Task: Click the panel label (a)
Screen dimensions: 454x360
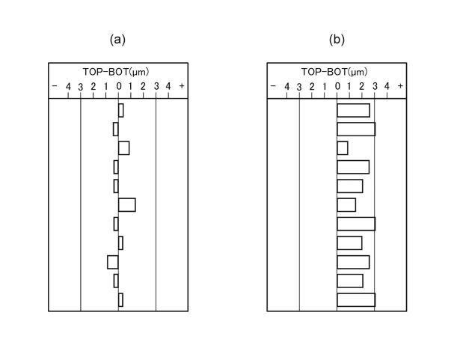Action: click(117, 40)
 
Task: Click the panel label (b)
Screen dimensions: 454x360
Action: click(337, 40)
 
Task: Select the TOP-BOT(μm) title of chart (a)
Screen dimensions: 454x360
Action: click(116, 72)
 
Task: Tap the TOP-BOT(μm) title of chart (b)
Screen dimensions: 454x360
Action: click(334, 72)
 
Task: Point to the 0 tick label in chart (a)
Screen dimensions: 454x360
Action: click(119, 86)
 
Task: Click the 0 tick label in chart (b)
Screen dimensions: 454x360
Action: click(337, 86)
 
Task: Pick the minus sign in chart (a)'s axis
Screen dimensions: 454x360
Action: click(55, 86)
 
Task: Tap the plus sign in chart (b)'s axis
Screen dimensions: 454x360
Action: click(400, 86)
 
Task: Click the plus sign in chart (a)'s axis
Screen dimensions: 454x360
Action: click(182, 86)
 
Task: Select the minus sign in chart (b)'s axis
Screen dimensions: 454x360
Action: click(273, 86)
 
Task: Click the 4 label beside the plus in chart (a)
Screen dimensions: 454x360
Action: click(168, 86)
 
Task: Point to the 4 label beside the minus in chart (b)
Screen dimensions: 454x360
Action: click(286, 86)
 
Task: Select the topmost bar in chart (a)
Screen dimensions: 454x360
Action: click(121, 110)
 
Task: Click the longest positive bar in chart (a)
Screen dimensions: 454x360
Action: click(127, 205)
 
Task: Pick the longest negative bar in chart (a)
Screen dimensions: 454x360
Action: click(113, 262)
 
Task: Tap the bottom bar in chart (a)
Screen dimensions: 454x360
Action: click(120, 300)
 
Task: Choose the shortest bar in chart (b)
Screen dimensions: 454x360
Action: click(343, 148)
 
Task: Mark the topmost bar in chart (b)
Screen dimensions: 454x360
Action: click(354, 110)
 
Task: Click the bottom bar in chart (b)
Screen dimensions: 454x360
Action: click(356, 300)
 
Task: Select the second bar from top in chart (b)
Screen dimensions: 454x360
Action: click(356, 129)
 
